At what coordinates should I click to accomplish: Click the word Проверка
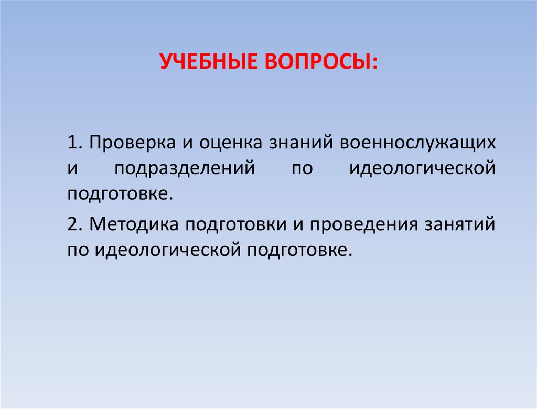[133, 143]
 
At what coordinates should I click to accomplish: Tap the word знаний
[300, 143]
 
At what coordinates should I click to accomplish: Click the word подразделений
[185, 168]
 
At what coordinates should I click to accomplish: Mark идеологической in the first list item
[423, 168]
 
